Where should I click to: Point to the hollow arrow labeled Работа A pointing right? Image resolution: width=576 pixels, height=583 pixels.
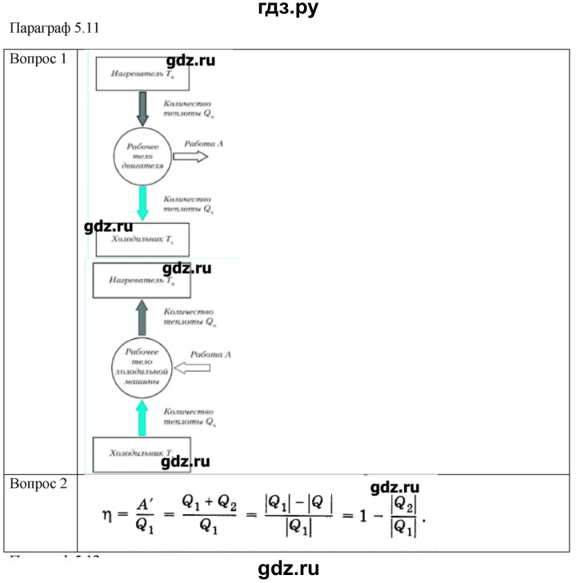click(190, 158)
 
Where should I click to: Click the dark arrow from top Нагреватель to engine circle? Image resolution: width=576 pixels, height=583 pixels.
click(144, 109)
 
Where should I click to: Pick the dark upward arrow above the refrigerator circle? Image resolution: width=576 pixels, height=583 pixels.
click(144, 318)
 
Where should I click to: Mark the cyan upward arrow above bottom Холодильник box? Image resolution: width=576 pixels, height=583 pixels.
click(143, 417)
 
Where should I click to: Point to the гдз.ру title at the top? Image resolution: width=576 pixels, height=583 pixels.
click(287, 10)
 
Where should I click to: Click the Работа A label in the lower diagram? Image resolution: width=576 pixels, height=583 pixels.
click(210, 353)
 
